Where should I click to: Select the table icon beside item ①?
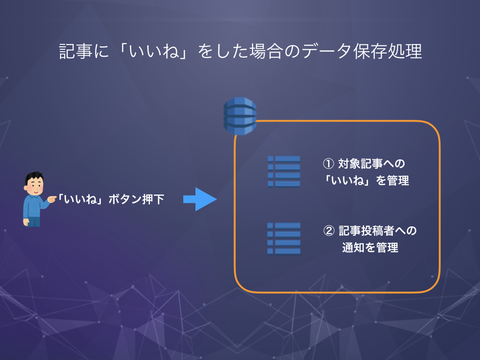tap(284, 172)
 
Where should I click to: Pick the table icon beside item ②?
tap(284, 238)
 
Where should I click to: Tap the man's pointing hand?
tap(51, 200)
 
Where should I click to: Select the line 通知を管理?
tap(370, 247)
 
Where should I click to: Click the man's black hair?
tap(33, 177)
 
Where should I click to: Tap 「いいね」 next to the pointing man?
tap(81, 199)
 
